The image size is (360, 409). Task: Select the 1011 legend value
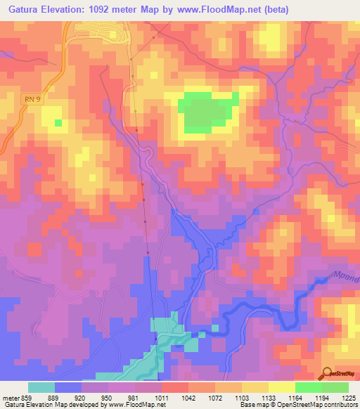[162, 397]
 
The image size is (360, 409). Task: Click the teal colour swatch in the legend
[41, 387]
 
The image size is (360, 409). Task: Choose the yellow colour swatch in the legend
[281, 387]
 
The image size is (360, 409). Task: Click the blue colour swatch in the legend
[68, 387]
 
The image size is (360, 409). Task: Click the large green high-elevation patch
[202, 112]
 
